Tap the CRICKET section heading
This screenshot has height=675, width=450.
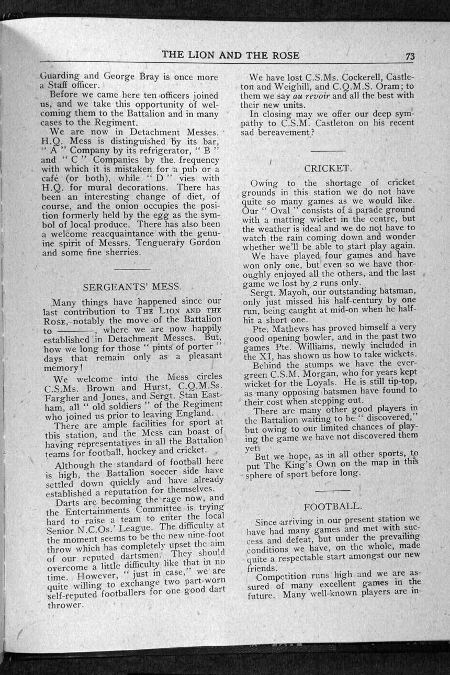327,168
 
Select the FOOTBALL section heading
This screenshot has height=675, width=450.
332,507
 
